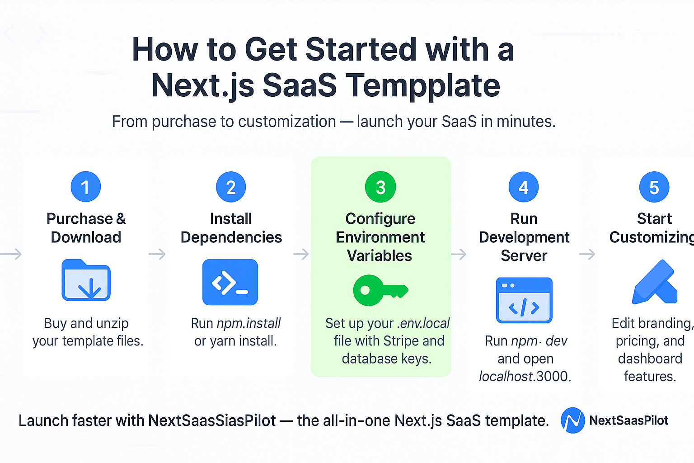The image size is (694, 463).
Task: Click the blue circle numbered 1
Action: pyautogui.click(x=85, y=187)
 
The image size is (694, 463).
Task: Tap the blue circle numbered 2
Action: pyautogui.click(x=231, y=187)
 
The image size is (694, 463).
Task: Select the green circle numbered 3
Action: pyautogui.click(x=380, y=187)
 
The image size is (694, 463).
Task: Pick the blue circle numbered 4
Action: pyautogui.click(x=523, y=187)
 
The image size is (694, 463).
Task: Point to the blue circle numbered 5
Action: pyautogui.click(x=654, y=187)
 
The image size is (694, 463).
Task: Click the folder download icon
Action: pyautogui.click(x=86, y=280)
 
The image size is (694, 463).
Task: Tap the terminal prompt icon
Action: pyautogui.click(x=230, y=282)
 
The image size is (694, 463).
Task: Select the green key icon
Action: pyautogui.click(x=380, y=290)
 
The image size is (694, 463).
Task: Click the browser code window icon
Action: pyautogui.click(x=524, y=300)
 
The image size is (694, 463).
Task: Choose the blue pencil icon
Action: pyautogui.click(x=655, y=283)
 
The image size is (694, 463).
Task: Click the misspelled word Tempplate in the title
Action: pyautogui.click(x=423, y=85)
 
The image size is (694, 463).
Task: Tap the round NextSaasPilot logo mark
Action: pyautogui.click(x=572, y=420)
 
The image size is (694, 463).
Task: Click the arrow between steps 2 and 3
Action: pyautogui.click(x=301, y=254)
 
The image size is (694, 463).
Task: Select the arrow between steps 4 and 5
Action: pyautogui.click(x=587, y=254)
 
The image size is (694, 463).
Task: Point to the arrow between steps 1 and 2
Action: pyautogui.click(x=157, y=254)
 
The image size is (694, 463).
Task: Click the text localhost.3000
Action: pyautogui.click(x=525, y=376)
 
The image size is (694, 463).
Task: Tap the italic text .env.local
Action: pyautogui.click(x=423, y=323)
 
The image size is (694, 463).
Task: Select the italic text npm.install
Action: pyautogui.click(x=249, y=323)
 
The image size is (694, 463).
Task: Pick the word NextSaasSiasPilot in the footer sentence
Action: pyautogui.click(x=212, y=421)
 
